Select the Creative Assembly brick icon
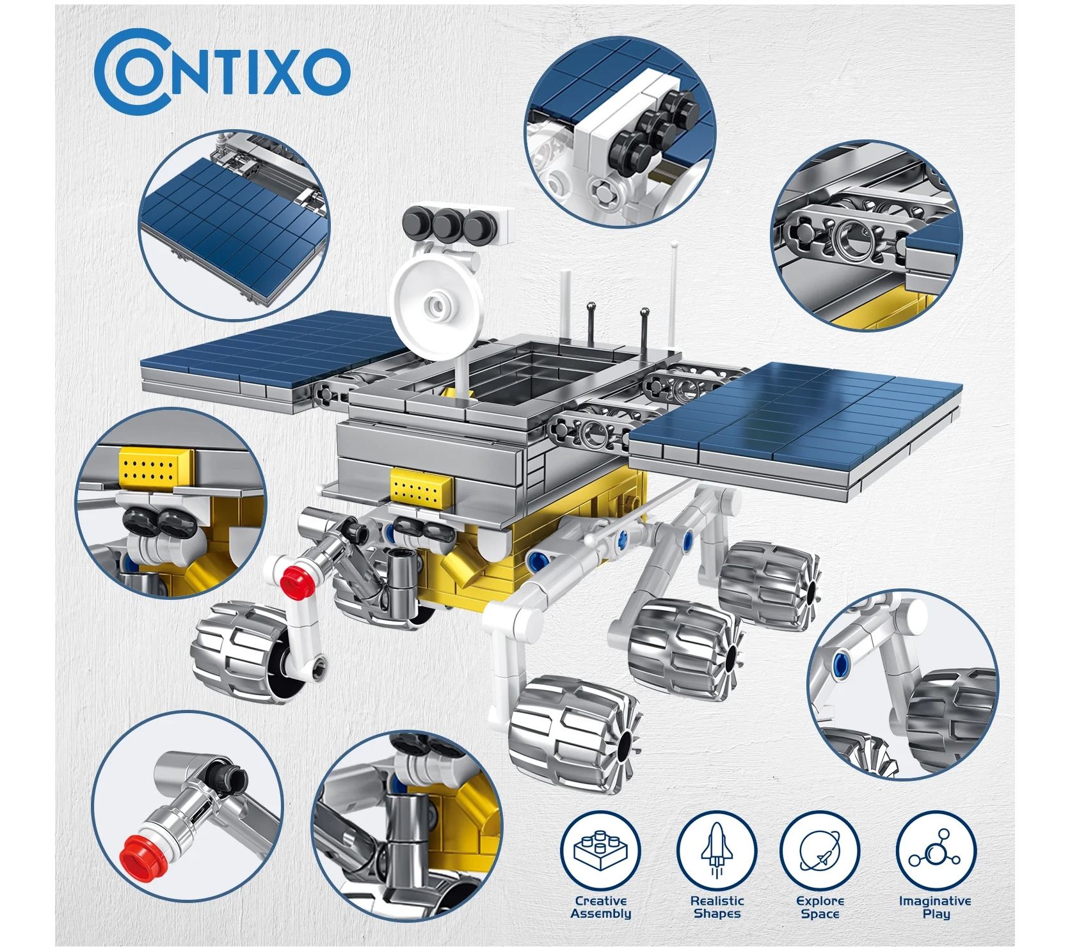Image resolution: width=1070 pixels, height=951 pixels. tap(600, 851)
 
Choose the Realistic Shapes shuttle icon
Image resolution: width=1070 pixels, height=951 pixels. tap(717, 851)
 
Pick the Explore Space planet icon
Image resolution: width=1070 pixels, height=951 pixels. tap(820, 851)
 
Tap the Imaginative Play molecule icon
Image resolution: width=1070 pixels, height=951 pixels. tap(936, 851)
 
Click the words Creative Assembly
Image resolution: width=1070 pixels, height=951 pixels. tap(600, 907)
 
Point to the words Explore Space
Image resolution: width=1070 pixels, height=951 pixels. tap(820, 907)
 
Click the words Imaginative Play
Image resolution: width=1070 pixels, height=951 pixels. tap(936, 907)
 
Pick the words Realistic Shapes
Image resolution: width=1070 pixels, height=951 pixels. tap(717, 907)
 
